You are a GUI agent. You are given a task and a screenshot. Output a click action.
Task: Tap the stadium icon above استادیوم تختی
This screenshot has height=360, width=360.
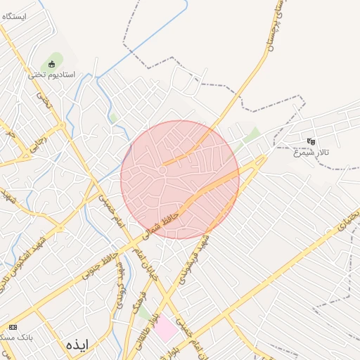[x=51, y=65]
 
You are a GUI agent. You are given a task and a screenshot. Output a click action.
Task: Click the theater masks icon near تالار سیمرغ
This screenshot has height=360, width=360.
[x=311, y=141]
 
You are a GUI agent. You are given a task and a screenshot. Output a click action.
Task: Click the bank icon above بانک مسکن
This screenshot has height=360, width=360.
[x=13, y=328]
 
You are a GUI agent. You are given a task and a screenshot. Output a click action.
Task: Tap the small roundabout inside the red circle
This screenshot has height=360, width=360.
[x=162, y=170]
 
